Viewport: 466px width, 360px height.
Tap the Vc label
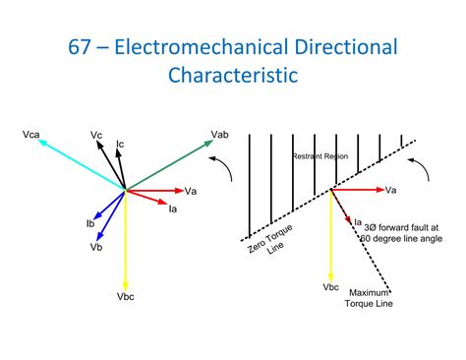[x=96, y=134]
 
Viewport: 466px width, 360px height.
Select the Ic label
[x=120, y=145]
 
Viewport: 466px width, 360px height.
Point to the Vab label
[x=219, y=134]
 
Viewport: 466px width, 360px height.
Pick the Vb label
[x=96, y=247]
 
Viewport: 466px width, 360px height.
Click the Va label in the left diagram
[x=191, y=190]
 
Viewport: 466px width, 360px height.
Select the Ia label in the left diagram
[x=173, y=208]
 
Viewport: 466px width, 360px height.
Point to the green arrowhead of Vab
[x=208, y=143]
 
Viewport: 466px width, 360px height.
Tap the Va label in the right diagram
[x=390, y=190]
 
